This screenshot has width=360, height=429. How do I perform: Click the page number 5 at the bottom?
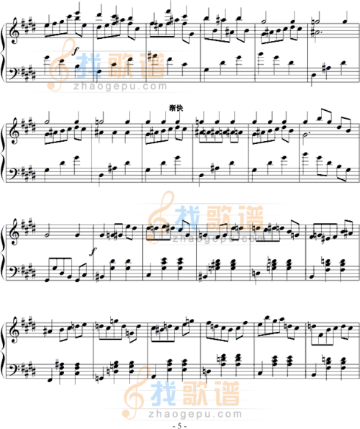coord(179,425)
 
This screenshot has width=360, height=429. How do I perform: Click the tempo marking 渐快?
coord(176,108)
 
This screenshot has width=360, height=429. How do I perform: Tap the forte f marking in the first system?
coord(76,51)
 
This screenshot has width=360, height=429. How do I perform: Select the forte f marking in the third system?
coord(94,251)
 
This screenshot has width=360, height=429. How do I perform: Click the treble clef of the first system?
coord(13,31)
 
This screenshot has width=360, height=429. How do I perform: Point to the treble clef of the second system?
coord(13,131)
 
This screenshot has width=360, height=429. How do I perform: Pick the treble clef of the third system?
coord(13,231)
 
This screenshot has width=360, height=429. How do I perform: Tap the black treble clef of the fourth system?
coord(13,330)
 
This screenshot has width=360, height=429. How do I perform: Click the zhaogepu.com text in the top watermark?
coord(120,86)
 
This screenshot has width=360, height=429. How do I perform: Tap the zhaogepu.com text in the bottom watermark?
coord(195,414)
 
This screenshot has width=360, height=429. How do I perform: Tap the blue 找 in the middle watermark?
coord(187,218)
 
